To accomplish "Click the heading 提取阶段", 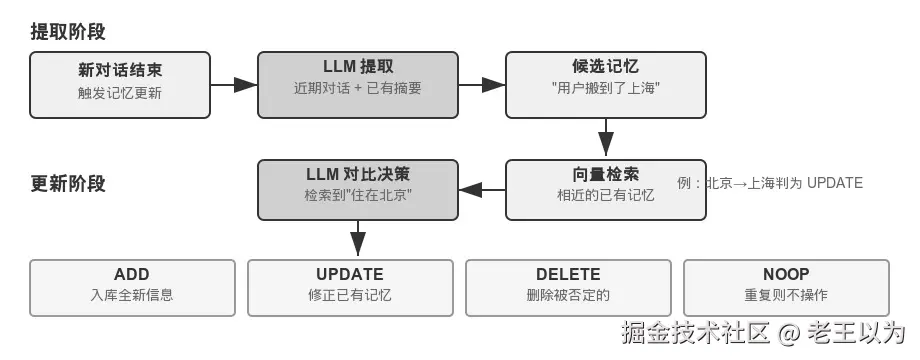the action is [x=68, y=32].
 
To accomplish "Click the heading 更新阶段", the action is [x=68, y=184].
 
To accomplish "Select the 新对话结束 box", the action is [x=120, y=85].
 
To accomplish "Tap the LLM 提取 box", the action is [x=358, y=85].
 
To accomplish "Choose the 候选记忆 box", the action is [x=606, y=85].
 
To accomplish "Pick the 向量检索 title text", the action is [x=606, y=174].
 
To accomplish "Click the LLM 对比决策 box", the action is [x=358, y=190].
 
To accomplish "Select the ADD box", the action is [x=132, y=288].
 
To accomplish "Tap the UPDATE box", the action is [x=350, y=288].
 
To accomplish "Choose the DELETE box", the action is [x=568, y=288].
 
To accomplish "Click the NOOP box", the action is [x=786, y=288].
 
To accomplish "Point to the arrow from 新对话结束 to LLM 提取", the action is [x=234, y=85].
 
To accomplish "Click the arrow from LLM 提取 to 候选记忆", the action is [x=482, y=85].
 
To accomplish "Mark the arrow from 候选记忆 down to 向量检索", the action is [x=606, y=138].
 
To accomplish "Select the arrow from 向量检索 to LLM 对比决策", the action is [x=482, y=190].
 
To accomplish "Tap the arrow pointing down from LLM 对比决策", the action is [x=358, y=239].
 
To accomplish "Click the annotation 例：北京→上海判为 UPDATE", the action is [x=770, y=183].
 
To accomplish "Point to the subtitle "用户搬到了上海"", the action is [x=606, y=89].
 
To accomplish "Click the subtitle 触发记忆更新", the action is [x=120, y=93].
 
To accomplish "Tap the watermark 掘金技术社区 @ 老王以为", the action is [x=763, y=332].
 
